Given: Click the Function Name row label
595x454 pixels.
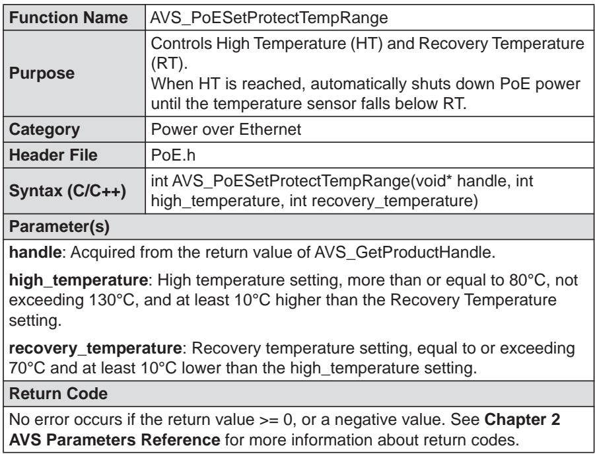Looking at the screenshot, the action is tap(68, 18).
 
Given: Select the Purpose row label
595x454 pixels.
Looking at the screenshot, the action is tap(42, 73).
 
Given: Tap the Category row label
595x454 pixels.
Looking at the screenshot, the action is tap(44, 130).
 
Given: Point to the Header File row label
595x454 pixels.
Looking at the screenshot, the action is tap(53, 155).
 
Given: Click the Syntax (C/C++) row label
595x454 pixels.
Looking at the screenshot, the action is tap(67, 191).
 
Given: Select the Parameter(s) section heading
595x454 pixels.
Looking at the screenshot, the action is tap(59, 227).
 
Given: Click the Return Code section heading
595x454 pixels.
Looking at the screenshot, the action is tap(58, 394).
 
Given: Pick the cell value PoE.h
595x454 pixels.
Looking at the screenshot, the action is tap(173, 155).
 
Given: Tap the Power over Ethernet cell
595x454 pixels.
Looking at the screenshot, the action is tap(226, 130).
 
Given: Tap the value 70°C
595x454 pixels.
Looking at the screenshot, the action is tap(27, 368).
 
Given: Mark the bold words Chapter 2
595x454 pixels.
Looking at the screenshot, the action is tap(522, 420).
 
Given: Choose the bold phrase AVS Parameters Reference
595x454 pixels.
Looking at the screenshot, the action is tap(114, 440).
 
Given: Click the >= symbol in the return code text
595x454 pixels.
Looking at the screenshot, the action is tap(269, 420).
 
